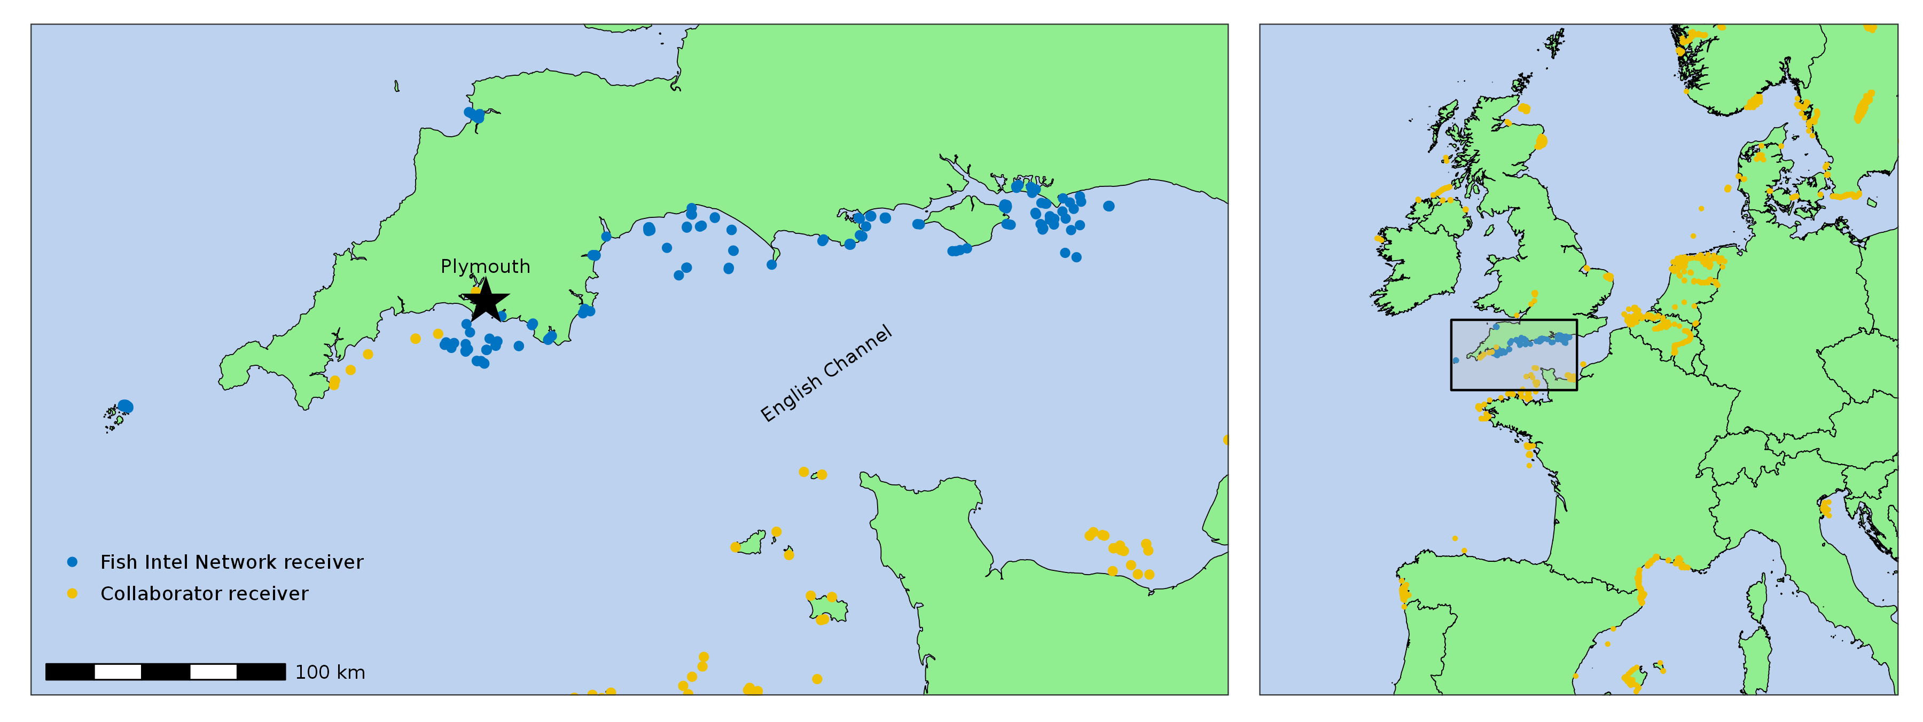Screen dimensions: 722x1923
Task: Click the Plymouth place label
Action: click(485, 266)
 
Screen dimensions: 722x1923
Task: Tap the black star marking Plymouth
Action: click(486, 300)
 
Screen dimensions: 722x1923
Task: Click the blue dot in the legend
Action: click(73, 561)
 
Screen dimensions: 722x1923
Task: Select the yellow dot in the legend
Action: click(73, 594)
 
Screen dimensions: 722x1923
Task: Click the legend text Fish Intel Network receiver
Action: click(231, 562)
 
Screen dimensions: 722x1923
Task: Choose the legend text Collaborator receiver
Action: click(204, 594)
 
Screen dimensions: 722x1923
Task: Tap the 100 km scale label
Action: click(330, 672)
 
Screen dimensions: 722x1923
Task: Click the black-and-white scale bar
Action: click(165, 672)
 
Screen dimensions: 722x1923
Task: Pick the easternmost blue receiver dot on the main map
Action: click(1108, 206)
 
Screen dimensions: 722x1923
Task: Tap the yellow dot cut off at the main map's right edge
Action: click(1226, 440)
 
